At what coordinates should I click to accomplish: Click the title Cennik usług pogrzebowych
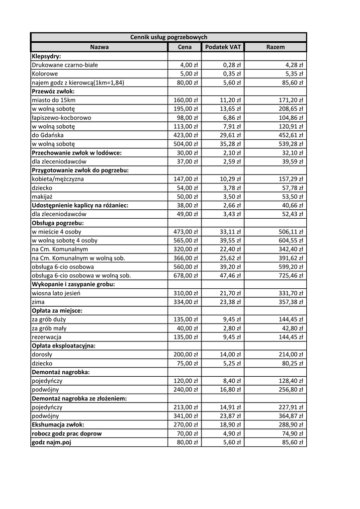click(x=169, y=37)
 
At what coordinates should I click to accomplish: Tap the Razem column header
click(x=275, y=47)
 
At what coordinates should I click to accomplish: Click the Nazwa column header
click(x=99, y=47)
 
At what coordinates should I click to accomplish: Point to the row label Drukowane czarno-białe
click(x=65, y=65)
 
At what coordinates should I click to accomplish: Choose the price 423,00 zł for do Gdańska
click(x=185, y=135)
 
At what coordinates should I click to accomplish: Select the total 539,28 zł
click(x=291, y=144)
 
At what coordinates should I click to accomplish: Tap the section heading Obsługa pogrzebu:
click(x=58, y=223)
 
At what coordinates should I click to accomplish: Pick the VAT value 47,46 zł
click(x=230, y=275)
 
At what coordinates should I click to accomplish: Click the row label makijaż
click(x=43, y=197)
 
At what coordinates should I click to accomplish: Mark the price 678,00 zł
click(x=185, y=275)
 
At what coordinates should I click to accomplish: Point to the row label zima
click(x=38, y=302)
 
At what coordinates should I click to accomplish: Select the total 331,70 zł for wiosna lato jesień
click(x=291, y=293)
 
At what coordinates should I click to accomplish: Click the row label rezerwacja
click(x=46, y=337)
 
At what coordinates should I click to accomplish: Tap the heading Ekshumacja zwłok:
click(x=58, y=424)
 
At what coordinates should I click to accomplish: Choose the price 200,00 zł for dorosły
click(x=185, y=354)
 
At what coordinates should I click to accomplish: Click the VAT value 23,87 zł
click(x=230, y=416)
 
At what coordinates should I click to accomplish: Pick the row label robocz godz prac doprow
click(x=67, y=433)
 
